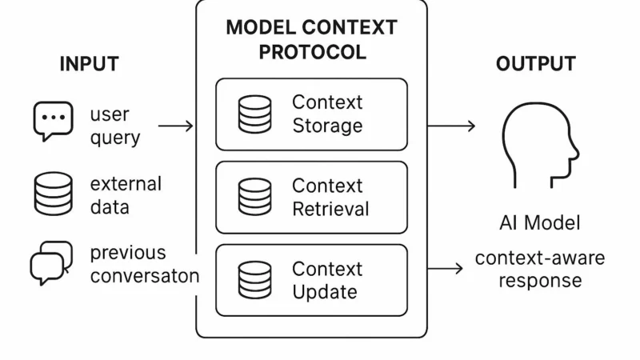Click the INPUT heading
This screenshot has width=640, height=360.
[89, 64]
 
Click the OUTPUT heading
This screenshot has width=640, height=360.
[535, 64]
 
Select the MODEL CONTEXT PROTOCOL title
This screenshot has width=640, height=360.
[311, 40]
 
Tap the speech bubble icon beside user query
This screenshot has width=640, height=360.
[53, 122]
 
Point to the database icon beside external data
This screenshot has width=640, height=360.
[53, 194]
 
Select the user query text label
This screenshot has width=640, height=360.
[114, 126]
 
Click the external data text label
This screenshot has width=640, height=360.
[125, 195]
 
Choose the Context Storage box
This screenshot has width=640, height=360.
[311, 114]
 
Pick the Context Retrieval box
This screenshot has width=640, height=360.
[311, 198]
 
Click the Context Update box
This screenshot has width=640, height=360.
[311, 280]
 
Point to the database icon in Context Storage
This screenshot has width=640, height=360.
[254, 114]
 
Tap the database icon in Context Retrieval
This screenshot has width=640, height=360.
[254, 198]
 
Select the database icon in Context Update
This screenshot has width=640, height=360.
[254, 280]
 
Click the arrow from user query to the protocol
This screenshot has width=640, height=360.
[176, 126]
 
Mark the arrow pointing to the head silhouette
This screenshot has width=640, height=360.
[451, 126]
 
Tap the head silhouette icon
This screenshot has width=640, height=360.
[538, 150]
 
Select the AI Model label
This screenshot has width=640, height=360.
[539, 222]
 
